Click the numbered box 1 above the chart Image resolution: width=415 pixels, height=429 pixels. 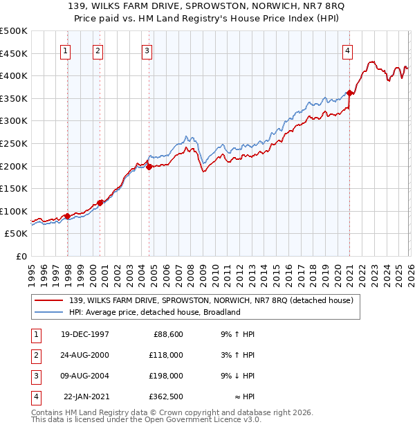[65, 50]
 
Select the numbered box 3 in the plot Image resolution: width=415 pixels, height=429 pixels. [147, 50]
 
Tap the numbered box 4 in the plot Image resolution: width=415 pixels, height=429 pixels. [347, 50]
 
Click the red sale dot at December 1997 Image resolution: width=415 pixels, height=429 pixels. [67, 217]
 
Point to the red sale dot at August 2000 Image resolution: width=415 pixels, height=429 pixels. [100, 203]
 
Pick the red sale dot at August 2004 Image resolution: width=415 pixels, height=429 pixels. [149, 166]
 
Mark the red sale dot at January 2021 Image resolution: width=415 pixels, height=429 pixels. [350, 93]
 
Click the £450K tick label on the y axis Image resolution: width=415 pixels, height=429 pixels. [14, 53]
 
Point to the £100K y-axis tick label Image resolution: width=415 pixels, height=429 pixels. [14, 211]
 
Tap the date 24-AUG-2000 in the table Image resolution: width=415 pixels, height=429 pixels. [85, 355]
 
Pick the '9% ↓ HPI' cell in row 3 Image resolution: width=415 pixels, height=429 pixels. [235, 376]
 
